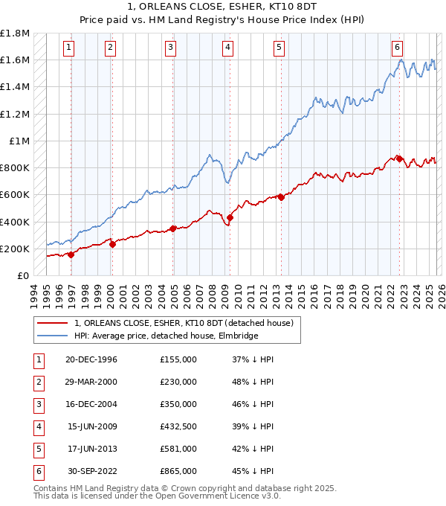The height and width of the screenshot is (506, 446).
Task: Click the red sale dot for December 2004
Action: [x=173, y=228]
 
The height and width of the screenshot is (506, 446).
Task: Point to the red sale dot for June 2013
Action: [x=282, y=197]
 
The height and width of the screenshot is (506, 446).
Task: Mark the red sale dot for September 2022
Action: [x=399, y=158]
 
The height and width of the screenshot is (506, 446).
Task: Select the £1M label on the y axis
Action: [x=19, y=141]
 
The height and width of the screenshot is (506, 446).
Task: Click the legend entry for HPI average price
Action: [x=165, y=336]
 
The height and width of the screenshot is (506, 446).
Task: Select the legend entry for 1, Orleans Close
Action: [x=184, y=323]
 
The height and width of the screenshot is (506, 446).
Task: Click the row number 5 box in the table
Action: [x=38, y=449]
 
